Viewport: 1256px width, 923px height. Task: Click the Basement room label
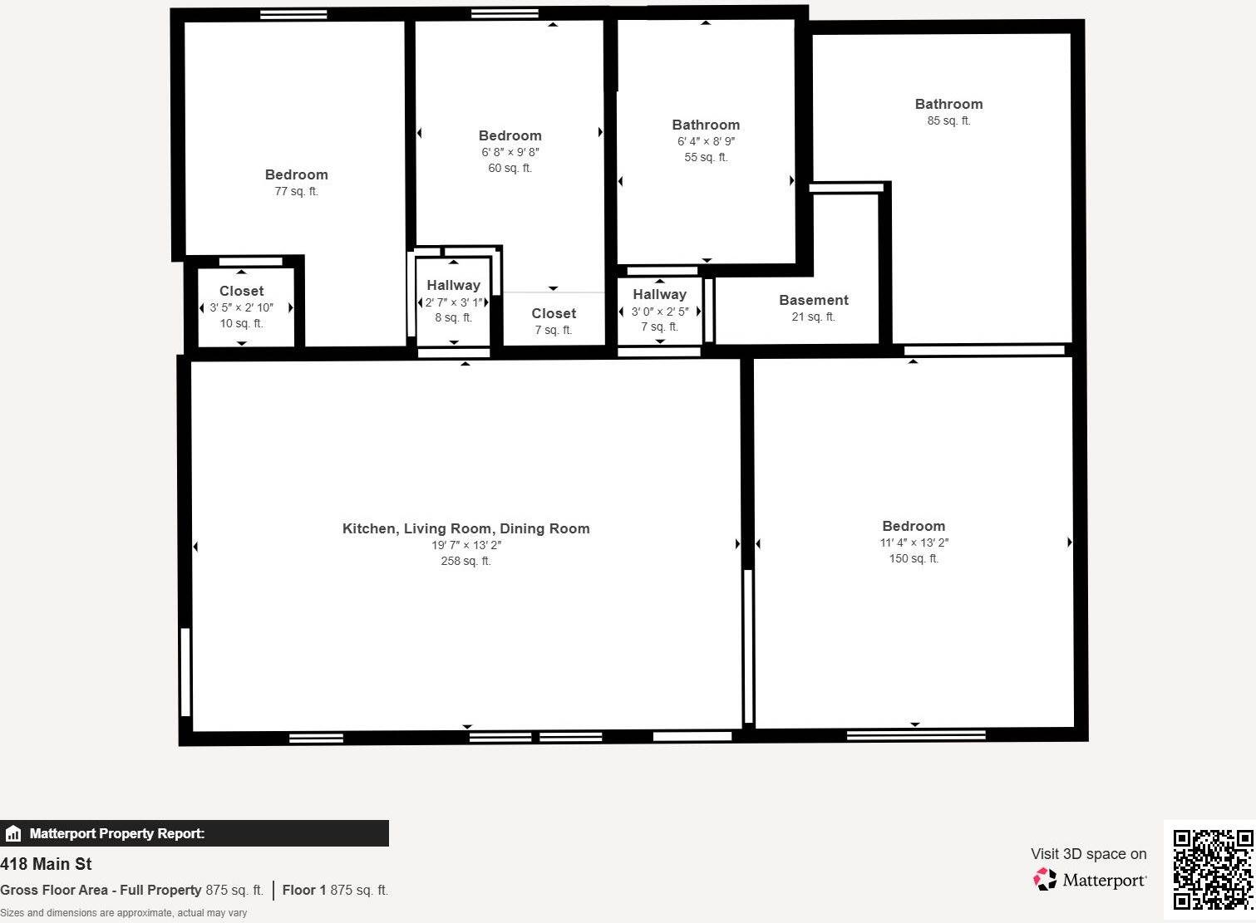(x=813, y=300)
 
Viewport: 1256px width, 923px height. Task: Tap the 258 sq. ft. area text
(x=465, y=561)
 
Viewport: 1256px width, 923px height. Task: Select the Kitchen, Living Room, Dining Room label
(x=465, y=528)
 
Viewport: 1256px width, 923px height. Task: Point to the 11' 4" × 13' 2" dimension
(x=914, y=543)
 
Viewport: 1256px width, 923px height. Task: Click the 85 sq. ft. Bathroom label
(x=948, y=104)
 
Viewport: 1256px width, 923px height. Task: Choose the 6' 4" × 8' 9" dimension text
(x=706, y=141)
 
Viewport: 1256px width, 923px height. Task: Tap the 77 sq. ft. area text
(x=296, y=191)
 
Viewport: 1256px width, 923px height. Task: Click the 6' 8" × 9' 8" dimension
(x=510, y=152)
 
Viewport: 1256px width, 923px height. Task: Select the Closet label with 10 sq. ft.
(x=241, y=291)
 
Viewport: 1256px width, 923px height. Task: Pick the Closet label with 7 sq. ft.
(x=554, y=313)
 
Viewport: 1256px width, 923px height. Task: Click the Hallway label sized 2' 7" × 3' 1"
(x=453, y=285)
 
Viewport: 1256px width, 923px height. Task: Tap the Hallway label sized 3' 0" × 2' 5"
(x=659, y=294)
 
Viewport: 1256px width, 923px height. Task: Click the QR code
(x=1212, y=869)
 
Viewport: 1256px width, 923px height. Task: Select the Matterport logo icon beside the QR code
(x=1045, y=880)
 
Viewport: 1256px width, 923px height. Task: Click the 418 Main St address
(x=46, y=864)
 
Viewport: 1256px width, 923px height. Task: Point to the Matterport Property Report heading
(x=116, y=833)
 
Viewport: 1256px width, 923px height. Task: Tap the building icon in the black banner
(x=13, y=833)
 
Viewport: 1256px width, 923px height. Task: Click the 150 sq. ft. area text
(x=914, y=558)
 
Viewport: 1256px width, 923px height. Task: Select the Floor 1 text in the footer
(x=304, y=890)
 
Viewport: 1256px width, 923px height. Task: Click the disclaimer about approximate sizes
(x=123, y=913)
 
